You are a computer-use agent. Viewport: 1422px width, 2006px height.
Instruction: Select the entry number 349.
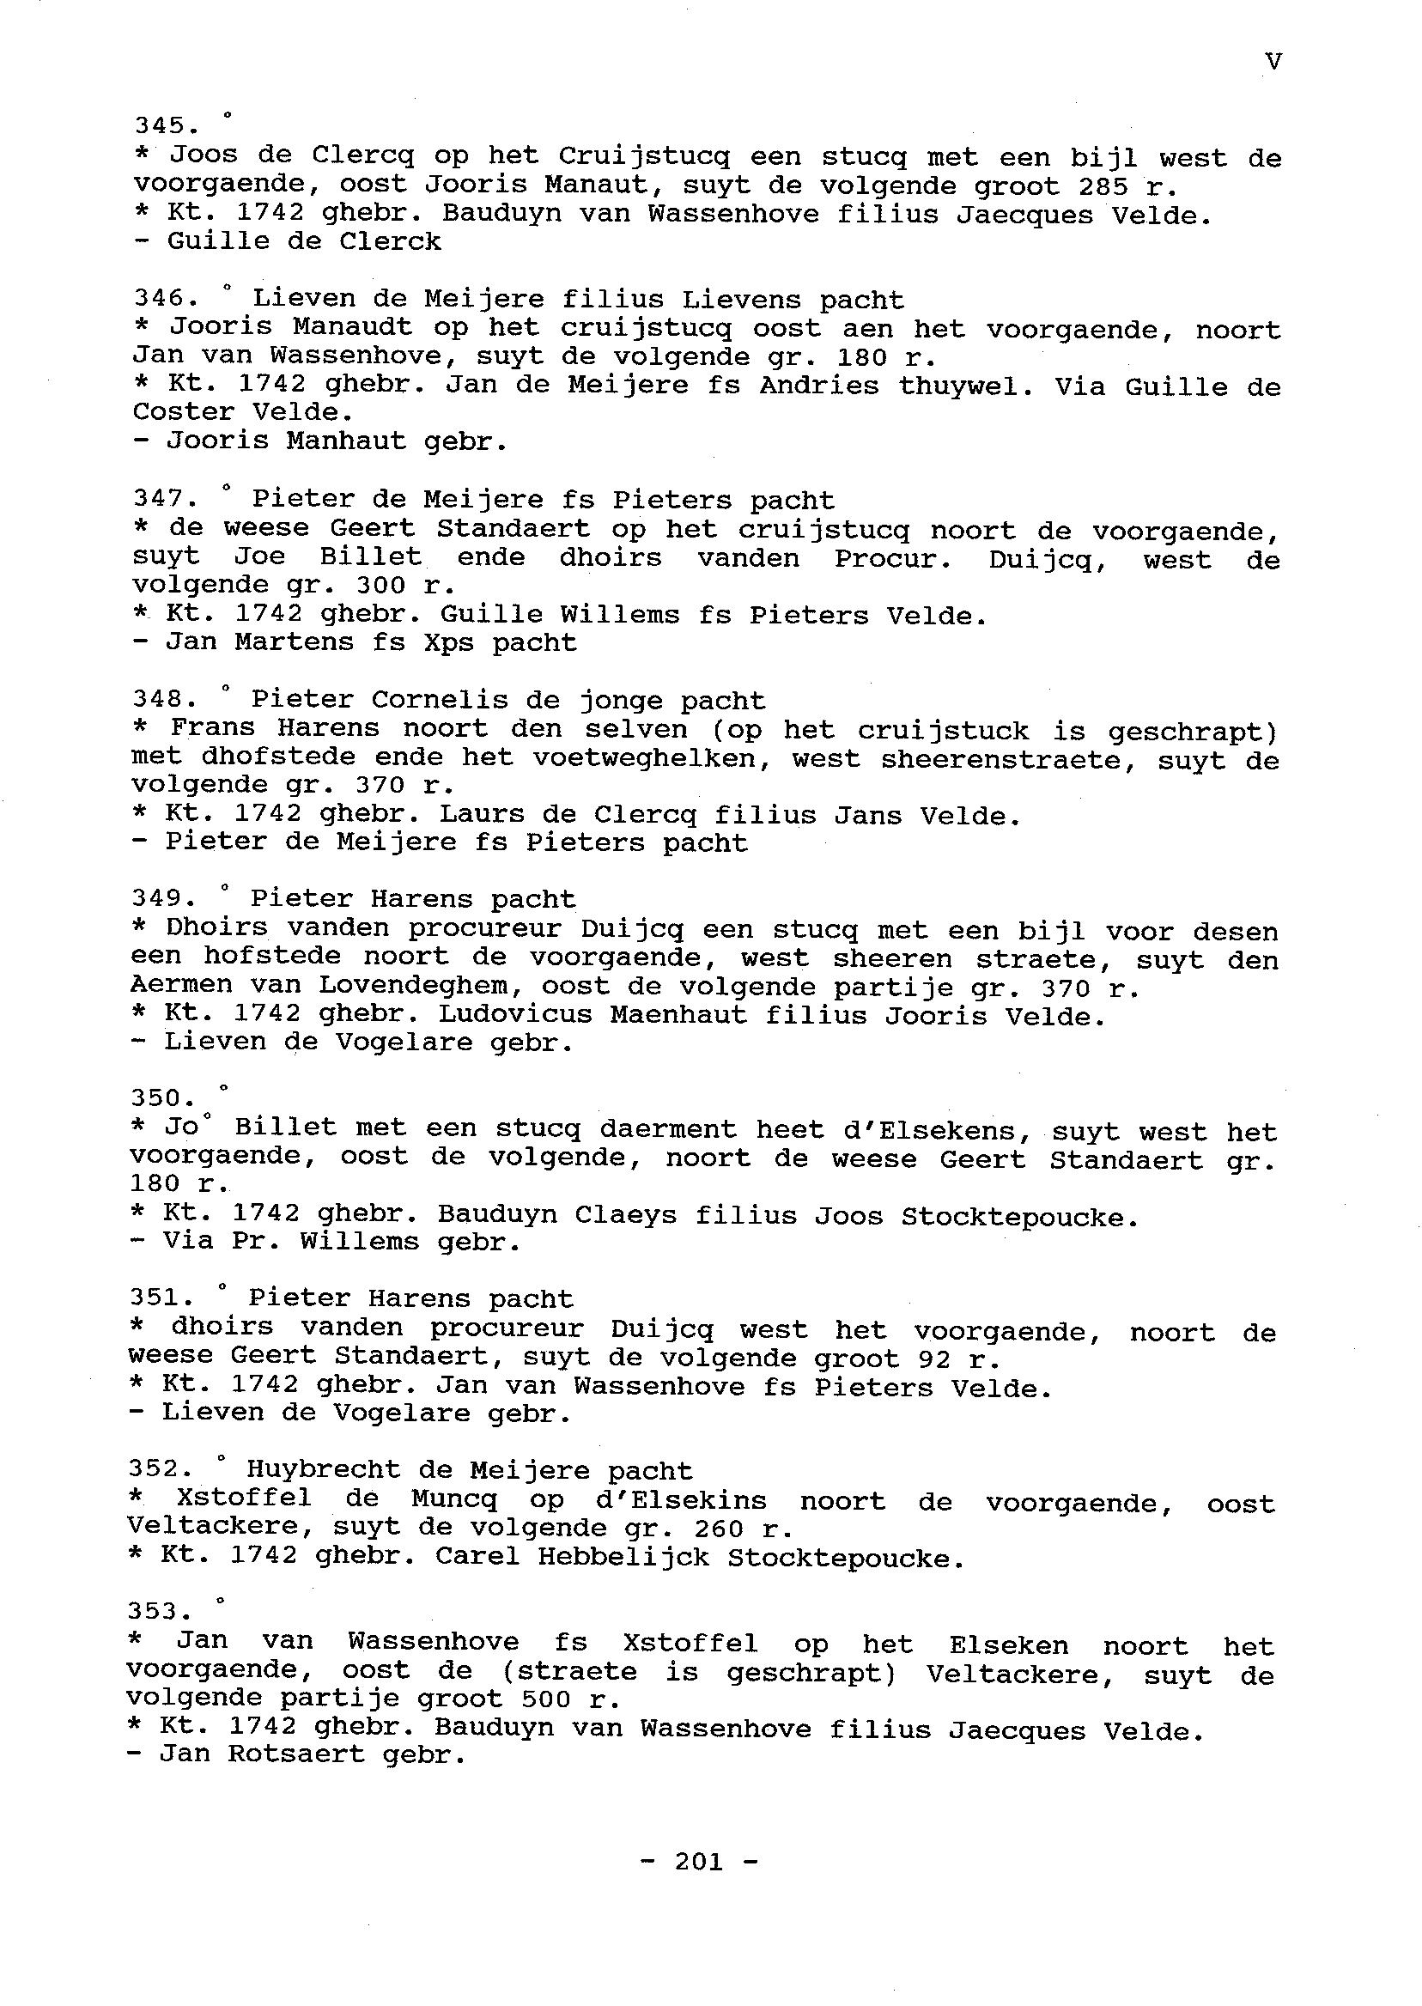163,899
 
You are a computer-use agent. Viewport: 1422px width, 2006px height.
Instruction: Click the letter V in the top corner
1274,62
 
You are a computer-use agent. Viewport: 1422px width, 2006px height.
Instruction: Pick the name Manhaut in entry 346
346,441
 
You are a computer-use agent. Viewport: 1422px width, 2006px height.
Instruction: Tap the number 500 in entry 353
546,1699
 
